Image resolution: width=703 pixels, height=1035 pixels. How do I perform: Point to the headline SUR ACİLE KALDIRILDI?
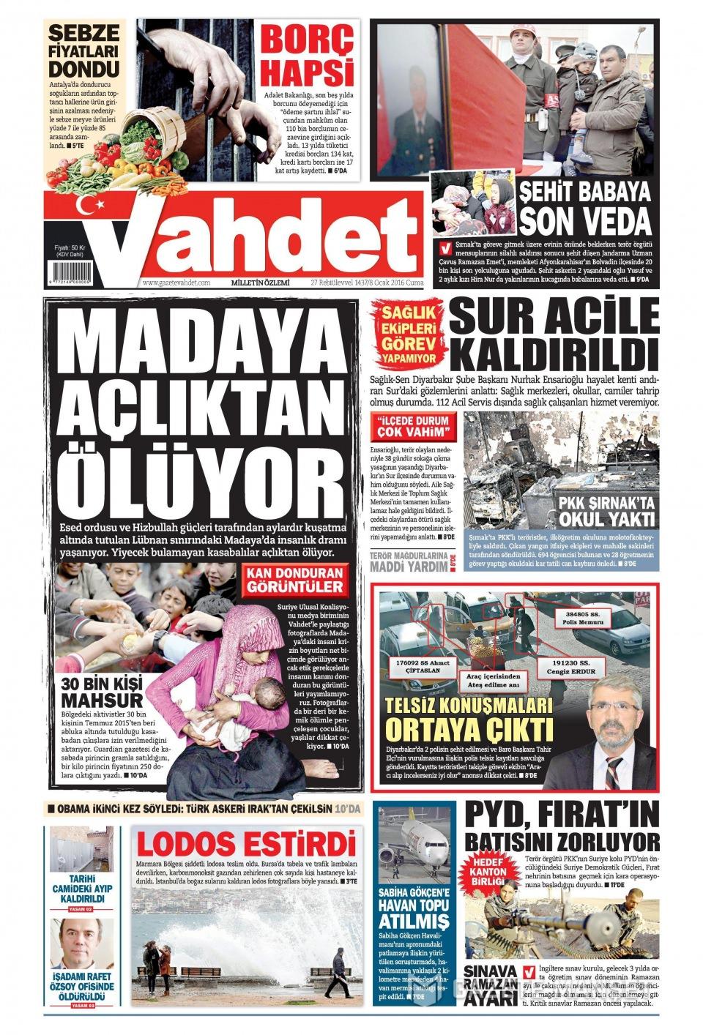click(x=554, y=335)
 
